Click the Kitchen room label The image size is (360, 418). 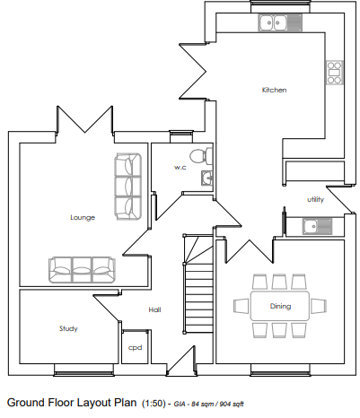tap(274, 90)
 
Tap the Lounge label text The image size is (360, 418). tap(83, 217)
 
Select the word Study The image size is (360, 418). tap(68, 328)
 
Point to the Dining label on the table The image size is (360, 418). tap(280, 306)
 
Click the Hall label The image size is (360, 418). tap(154, 309)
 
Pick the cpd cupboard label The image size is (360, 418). tap(135, 348)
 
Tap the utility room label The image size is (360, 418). tap(315, 199)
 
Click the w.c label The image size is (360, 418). tap(180, 168)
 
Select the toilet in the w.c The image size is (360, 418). tap(201, 156)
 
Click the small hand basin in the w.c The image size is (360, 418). tap(206, 178)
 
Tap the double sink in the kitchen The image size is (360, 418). tap(280, 22)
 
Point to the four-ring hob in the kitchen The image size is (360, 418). tap(334, 73)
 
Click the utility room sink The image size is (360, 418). tap(317, 226)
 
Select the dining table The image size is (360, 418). tap(280, 306)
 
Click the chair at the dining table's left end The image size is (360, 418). tap(241, 306)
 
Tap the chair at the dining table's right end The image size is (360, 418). tap(319, 306)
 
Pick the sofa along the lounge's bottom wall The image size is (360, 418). tap(82, 269)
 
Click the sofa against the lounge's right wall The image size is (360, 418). tap(127, 187)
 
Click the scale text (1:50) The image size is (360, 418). tap(154, 404)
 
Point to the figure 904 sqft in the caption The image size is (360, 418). tap(232, 405)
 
